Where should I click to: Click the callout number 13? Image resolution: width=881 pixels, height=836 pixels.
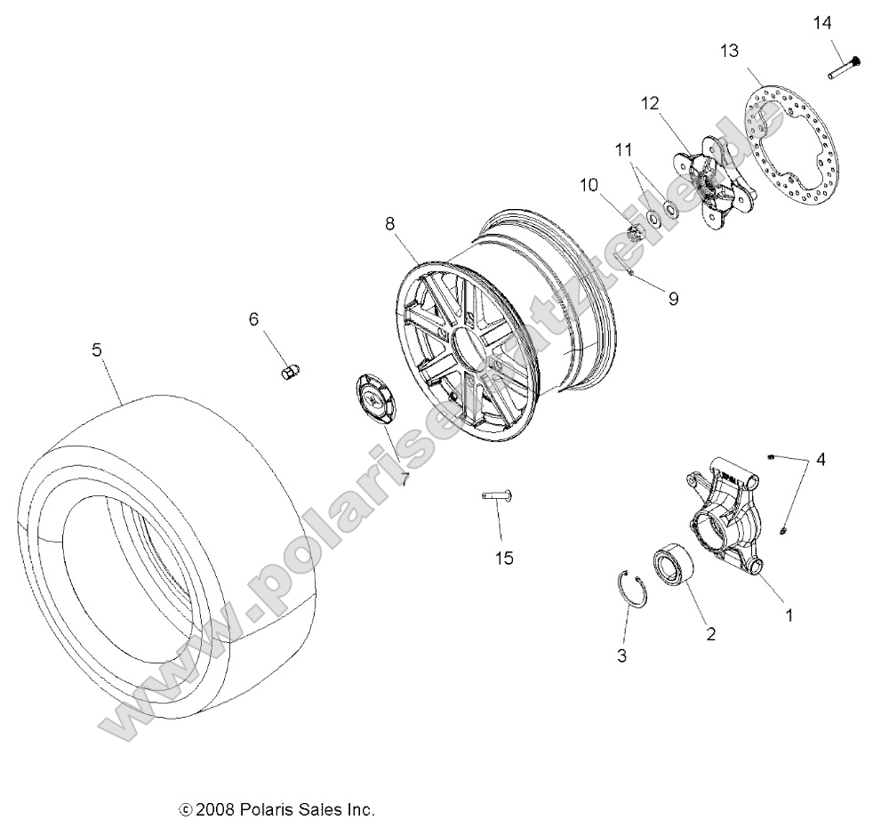[729, 52]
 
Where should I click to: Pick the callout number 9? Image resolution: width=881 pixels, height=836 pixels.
[673, 299]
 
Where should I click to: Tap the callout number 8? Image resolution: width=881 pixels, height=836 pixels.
[389, 224]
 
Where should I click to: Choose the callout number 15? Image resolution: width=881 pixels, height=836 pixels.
[504, 558]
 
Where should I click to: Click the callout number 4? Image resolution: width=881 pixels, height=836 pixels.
[821, 460]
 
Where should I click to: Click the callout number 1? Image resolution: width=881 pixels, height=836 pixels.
[786, 613]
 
